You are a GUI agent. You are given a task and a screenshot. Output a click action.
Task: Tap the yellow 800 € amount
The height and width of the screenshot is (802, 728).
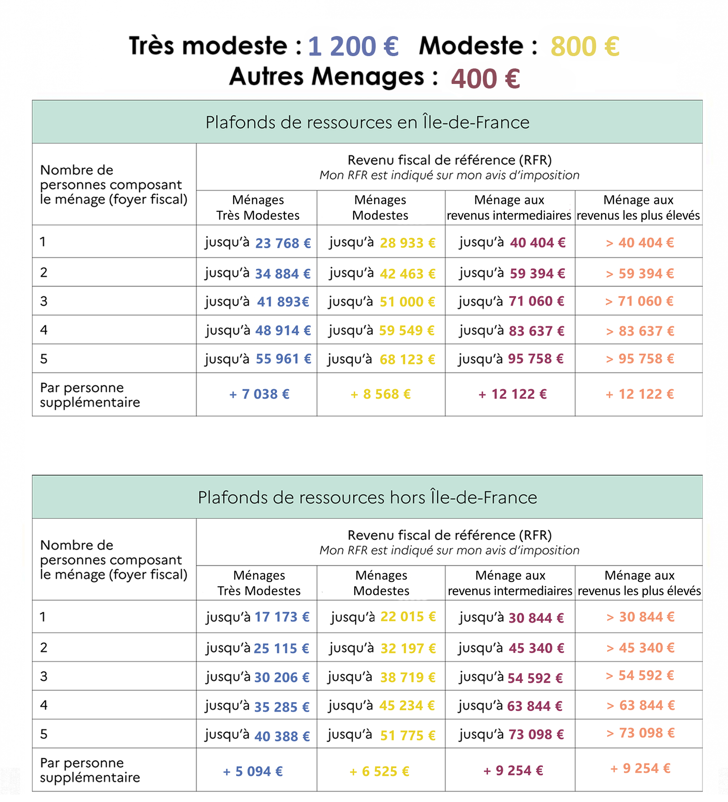(585, 47)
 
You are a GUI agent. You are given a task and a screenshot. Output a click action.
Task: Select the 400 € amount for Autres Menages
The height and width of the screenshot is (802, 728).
(486, 78)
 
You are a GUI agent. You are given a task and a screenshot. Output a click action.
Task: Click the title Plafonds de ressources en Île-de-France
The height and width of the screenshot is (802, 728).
(367, 122)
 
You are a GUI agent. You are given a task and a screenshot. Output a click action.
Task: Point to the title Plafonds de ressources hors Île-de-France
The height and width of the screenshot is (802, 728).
(367, 497)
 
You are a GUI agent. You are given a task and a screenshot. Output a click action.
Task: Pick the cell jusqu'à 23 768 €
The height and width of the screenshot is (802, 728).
(258, 243)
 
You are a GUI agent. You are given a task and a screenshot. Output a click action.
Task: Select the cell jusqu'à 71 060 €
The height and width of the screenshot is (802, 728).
(511, 301)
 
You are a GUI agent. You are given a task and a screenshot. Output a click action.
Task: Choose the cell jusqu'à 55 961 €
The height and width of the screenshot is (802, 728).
(258, 359)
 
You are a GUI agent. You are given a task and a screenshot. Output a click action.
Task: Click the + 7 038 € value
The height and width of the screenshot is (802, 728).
(259, 394)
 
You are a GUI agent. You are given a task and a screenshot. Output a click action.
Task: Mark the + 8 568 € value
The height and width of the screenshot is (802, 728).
(381, 394)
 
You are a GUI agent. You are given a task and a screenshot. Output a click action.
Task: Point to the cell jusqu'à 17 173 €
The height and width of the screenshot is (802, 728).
(258, 617)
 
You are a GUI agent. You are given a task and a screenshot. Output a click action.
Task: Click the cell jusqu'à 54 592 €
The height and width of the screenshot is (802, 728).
(511, 677)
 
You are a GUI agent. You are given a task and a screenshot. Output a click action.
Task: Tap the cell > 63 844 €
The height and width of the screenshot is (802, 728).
(640, 705)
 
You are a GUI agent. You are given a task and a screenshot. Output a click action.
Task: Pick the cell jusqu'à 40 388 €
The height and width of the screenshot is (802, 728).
(258, 735)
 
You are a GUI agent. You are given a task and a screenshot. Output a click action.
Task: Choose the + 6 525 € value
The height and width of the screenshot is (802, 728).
(379, 771)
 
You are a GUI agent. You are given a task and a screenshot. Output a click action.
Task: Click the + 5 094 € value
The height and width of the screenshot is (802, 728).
(253, 771)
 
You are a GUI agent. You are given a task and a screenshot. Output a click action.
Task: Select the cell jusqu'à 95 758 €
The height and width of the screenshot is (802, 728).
(511, 359)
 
